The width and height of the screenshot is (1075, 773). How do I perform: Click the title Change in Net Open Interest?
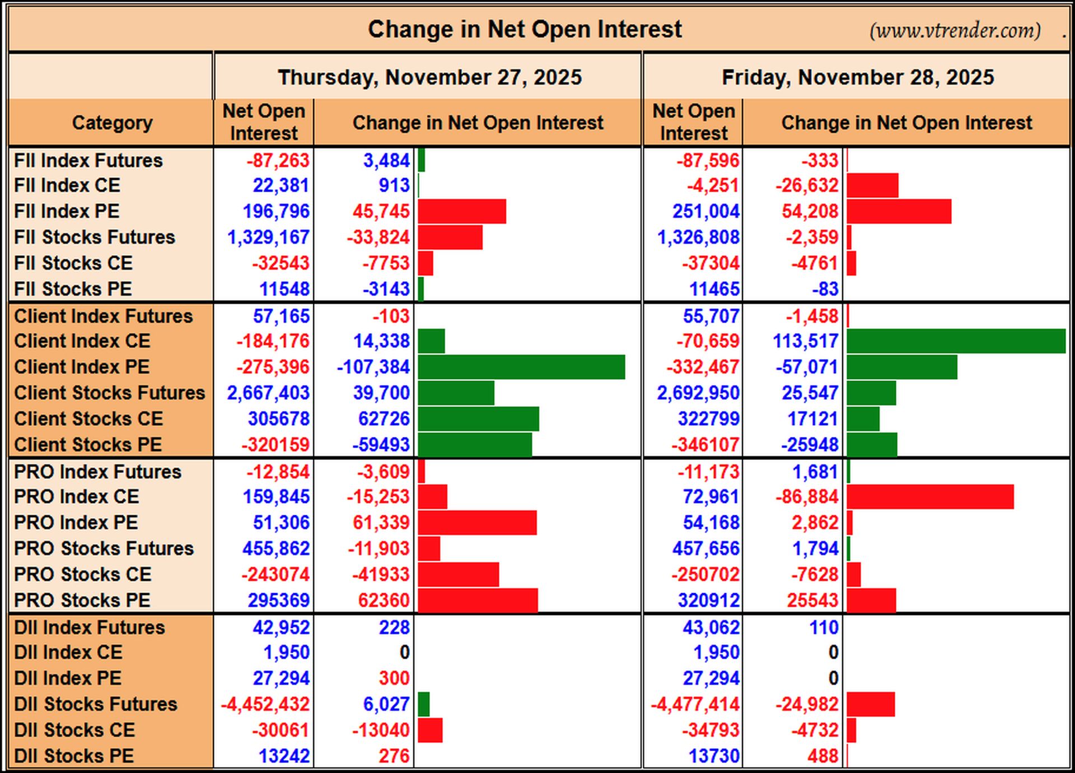pos(525,29)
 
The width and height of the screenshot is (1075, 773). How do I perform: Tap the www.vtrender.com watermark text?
pos(955,30)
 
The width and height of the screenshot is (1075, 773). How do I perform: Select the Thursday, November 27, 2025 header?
pos(430,77)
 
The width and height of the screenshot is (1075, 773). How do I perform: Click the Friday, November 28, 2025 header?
pos(858,77)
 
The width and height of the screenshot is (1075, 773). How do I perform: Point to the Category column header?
pos(112,123)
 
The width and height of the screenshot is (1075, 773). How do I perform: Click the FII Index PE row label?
pos(67,211)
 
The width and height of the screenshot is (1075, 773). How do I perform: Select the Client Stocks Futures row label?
pos(110,393)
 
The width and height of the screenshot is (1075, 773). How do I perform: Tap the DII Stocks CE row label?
pos(74,730)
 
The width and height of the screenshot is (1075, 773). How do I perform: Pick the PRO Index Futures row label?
pos(97,472)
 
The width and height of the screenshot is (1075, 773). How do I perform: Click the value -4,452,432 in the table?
pos(265,704)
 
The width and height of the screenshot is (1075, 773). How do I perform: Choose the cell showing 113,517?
pos(806,341)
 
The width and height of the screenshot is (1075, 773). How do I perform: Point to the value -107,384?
pos(373,367)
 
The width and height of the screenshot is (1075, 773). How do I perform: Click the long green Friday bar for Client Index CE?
pos(956,341)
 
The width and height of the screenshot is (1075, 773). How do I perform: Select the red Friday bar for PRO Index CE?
pos(930,497)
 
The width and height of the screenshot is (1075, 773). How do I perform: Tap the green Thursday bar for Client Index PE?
pos(521,367)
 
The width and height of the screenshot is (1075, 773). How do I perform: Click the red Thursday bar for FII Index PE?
pos(462,211)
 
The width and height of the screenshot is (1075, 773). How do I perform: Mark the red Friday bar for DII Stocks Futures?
pos(871,704)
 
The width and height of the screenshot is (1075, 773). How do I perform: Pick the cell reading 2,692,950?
pos(698,393)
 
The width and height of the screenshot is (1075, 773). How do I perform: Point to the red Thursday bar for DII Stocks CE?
pos(430,730)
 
